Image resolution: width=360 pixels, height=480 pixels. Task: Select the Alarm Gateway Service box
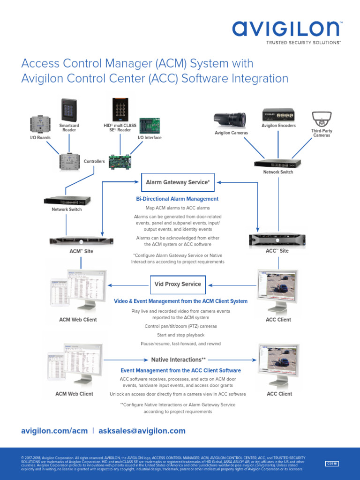[178, 182]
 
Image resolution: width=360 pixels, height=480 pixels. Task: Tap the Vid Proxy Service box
[178, 284]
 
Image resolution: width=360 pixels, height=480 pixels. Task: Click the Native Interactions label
[178, 360]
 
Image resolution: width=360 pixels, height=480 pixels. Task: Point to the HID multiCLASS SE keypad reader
[118, 109]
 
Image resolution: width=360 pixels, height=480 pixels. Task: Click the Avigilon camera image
[231, 120]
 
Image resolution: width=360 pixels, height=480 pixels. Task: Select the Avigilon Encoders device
[278, 115]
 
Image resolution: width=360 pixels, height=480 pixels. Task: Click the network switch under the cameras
[277, 163]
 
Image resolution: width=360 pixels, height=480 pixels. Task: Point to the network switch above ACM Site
[67, 200]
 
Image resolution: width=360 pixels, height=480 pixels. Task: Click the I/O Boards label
[41, 138]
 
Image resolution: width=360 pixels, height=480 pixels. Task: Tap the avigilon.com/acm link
[54, 431]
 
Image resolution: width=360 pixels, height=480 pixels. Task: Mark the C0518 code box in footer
[332, 464]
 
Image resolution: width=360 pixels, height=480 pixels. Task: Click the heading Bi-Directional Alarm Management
[177, 199]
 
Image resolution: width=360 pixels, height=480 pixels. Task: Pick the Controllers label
[94, 161]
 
